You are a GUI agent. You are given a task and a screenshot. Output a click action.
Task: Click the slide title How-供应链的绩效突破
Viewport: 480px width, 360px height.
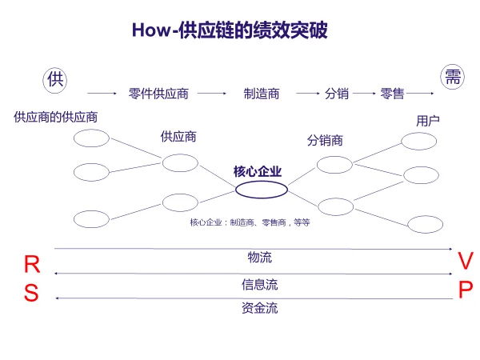tap(230, 30)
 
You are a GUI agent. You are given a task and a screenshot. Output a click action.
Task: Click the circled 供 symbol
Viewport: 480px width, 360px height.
tap(54, 78)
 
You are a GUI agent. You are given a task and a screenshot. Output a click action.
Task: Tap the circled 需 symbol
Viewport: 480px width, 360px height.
tap(453, 77)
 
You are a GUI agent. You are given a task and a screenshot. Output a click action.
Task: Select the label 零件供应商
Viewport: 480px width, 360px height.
tap(158, 94)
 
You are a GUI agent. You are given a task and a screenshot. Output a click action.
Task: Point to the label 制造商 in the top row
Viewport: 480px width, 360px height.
tap(262, 94)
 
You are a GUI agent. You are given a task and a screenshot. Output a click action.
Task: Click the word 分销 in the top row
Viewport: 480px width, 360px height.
tap(337, 94)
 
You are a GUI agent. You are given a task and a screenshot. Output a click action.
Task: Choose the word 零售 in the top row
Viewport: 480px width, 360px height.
tap(392, 94)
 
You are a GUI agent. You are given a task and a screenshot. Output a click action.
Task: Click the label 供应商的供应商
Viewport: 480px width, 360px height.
tap(56, 117)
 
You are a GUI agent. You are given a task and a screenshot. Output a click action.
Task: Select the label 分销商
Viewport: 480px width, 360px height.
tap(325, 140)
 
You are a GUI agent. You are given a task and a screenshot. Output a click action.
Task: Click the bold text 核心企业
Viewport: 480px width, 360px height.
tap(258, 171)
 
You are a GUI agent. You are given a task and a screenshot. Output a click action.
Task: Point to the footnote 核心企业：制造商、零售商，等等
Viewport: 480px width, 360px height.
tap(250, 222)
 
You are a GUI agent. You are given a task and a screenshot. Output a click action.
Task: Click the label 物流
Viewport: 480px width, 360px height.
tap(260, 258)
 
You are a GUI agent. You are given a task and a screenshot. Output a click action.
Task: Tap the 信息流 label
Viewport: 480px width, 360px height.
tap(260, 284)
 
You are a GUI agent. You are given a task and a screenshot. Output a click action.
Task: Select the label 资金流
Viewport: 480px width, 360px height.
tap(260, 308)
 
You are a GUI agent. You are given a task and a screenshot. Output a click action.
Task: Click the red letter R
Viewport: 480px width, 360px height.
tap(31, 266)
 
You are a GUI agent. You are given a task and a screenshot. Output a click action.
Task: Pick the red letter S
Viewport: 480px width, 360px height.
tap(31, 294)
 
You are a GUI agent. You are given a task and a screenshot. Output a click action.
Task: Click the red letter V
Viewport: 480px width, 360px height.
tap(466, 261)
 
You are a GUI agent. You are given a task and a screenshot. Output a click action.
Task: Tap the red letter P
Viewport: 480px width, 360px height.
tap(466, 289)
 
